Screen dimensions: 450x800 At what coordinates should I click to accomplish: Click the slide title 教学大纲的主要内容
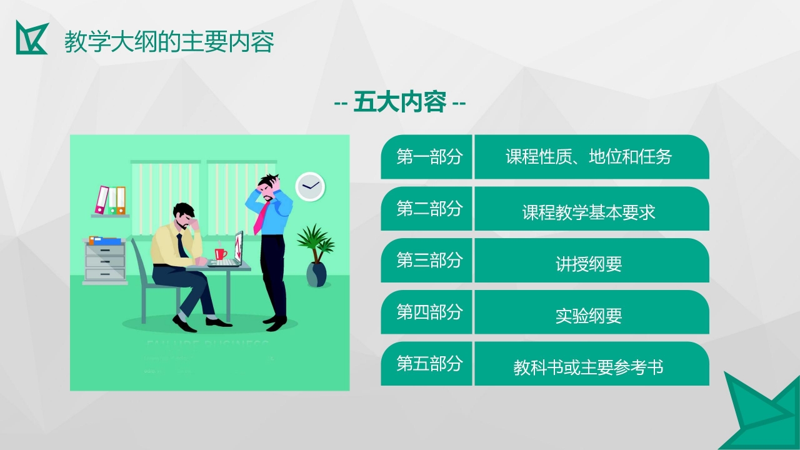[169, 42]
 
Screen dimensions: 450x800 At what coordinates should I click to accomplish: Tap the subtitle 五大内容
[400, 102]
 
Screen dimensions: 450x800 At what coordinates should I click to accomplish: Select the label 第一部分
[429, 157]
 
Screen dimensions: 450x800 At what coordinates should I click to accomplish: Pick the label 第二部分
[429, 209]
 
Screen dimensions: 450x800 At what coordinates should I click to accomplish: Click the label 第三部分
[429, 260]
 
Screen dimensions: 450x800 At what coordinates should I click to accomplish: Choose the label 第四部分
[429, 312]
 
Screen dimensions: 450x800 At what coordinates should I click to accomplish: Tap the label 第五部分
[429, 363]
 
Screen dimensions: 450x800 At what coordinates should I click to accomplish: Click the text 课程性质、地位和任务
[589, 157]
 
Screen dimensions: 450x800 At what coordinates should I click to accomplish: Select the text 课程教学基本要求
[589, 212]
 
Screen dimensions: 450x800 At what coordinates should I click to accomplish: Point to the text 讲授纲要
[589, 264]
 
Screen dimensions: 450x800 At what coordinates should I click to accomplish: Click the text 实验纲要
[589, 316]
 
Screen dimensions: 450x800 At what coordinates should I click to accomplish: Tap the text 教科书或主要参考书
[589, 367]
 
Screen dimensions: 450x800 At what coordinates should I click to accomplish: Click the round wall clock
[310, 186]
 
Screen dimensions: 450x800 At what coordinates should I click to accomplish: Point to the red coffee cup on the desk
[220, 254]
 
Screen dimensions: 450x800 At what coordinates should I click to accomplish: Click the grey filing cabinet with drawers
[104, 261]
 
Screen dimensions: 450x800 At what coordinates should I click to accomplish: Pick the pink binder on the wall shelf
[101, 199]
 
